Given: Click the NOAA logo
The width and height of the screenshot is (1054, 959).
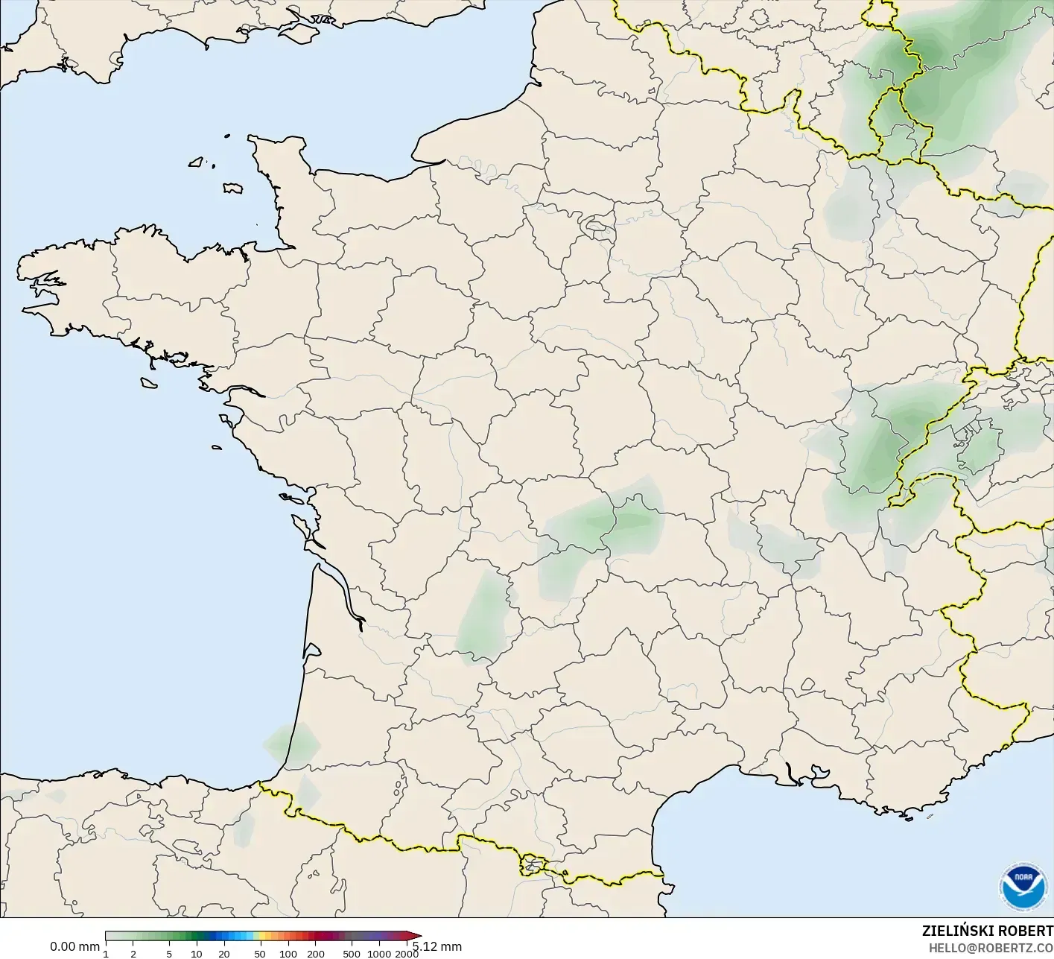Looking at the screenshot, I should click(1022, 887).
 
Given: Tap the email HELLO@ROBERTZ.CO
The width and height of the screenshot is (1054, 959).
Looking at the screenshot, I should click(990, 947).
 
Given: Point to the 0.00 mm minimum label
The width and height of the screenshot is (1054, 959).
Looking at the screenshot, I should click(74, 946).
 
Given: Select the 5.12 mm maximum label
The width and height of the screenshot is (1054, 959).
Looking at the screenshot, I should click(438, 946).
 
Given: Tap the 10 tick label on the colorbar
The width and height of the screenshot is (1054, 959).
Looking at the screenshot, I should click(197, 953).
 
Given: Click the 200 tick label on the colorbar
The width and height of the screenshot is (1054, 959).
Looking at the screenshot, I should click(316, 953).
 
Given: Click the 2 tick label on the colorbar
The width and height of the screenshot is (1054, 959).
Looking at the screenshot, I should click(133, 953).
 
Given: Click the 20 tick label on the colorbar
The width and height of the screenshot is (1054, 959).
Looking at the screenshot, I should click(224, 953).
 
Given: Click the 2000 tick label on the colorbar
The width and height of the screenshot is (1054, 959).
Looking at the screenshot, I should click(407, 953).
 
